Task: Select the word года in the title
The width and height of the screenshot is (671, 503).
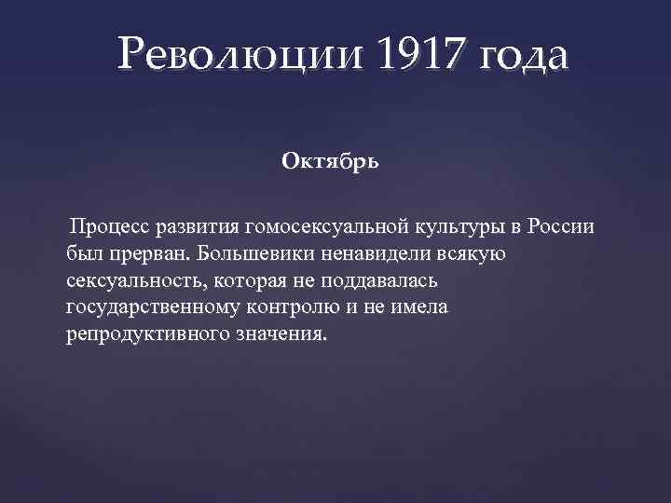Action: [521, 58]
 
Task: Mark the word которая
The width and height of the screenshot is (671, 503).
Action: [262, 280]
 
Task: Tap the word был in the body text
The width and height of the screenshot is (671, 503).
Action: [83, 253]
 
